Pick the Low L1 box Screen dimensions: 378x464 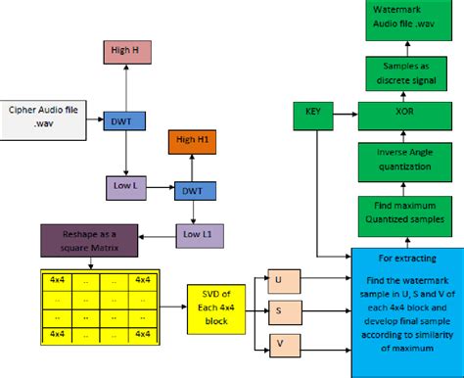[x=198, y=236]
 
